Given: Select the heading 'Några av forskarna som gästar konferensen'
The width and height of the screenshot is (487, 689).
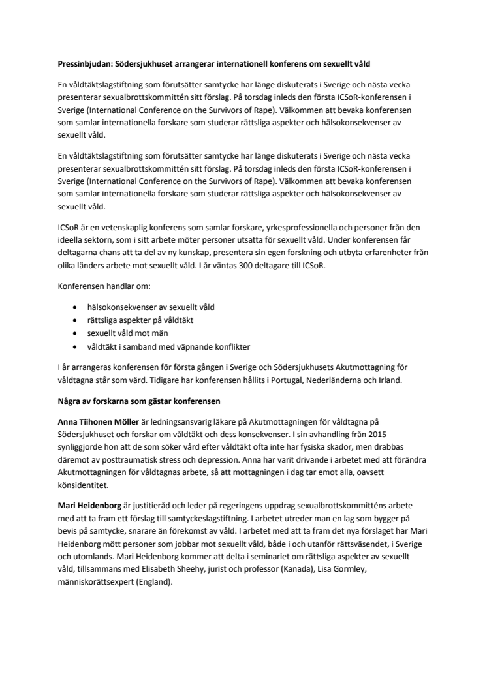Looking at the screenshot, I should pyautogui.click(x=140, y=399).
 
